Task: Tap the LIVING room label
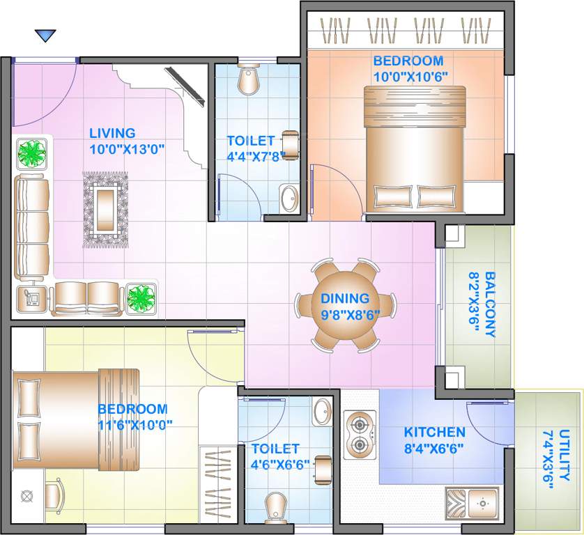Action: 112,133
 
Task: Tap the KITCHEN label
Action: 434,432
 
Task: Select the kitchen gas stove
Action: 360,434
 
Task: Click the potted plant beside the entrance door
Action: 32,153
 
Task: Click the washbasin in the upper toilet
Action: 288,199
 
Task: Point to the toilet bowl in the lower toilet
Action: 276,508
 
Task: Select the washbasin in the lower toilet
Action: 322,411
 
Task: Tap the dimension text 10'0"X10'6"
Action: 408,75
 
